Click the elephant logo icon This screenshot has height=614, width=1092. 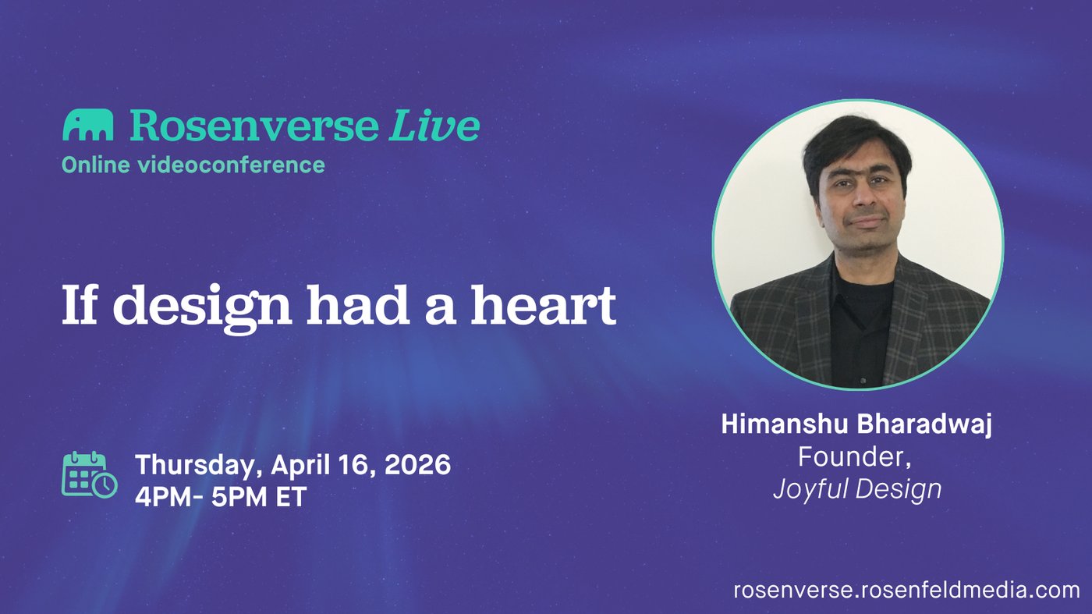pyautogui.click(x=88, y=126)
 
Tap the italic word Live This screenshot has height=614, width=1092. pyautogui.click(x=434, y=125)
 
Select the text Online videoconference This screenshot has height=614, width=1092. pyautogui.click(x=193, y=165)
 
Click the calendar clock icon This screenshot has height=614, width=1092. pyautogui.click(x=89, y=474)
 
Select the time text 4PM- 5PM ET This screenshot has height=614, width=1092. pyautogui.click(x=221, y=496)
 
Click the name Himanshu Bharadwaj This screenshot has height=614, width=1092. pyautogui.click(x=856, y=425)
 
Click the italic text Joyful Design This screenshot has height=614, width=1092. pyautogui.click(x=857, y=489)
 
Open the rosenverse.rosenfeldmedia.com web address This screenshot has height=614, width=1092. pyautogui.click(x=906, y=589)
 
